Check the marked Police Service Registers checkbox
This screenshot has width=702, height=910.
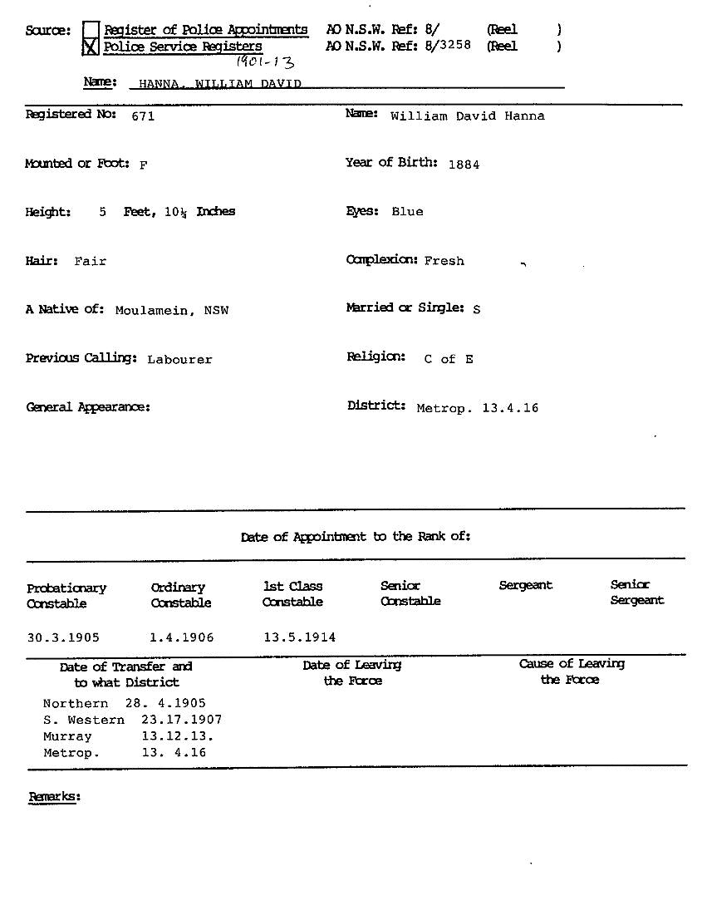point(91,47)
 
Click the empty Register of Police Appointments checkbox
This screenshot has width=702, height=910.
point(91,30)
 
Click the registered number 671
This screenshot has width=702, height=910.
point(143,116)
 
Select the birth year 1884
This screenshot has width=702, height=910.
point(464,165)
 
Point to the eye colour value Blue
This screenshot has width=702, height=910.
point(407,212)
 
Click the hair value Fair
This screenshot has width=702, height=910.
point(91,261)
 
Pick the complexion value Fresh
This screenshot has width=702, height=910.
point(444,261)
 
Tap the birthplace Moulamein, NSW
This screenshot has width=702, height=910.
point(172,311)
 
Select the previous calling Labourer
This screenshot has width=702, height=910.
point(179,360)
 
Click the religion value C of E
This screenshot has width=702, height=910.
point(449,359)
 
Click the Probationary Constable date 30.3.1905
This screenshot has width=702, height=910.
point(63,637)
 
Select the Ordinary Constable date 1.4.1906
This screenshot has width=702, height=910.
point(182,637)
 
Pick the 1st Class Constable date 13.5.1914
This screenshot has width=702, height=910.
point(300,637)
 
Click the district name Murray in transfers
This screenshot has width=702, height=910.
point(67,736)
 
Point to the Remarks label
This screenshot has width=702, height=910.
point(54,797)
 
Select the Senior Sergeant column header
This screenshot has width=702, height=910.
point(636,593)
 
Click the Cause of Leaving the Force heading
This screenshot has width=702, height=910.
point(571,671)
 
